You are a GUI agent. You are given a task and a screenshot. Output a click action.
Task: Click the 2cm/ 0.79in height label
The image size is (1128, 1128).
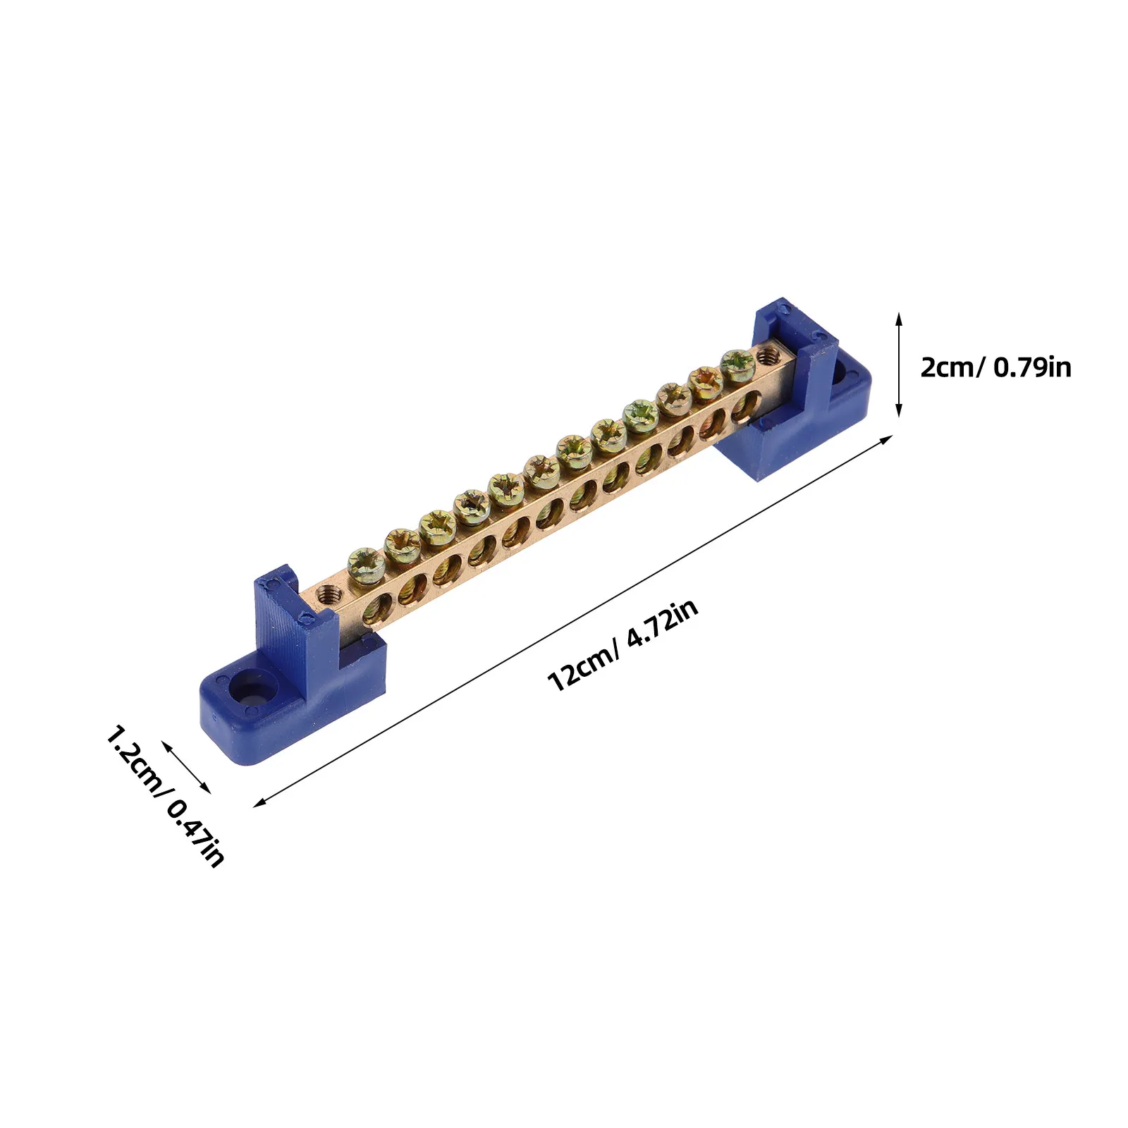click(995, 367)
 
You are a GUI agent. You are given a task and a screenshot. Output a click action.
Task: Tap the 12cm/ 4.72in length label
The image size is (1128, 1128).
click(623, 645)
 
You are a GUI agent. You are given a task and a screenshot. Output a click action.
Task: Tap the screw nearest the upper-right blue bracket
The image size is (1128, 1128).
click(737, 366)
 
